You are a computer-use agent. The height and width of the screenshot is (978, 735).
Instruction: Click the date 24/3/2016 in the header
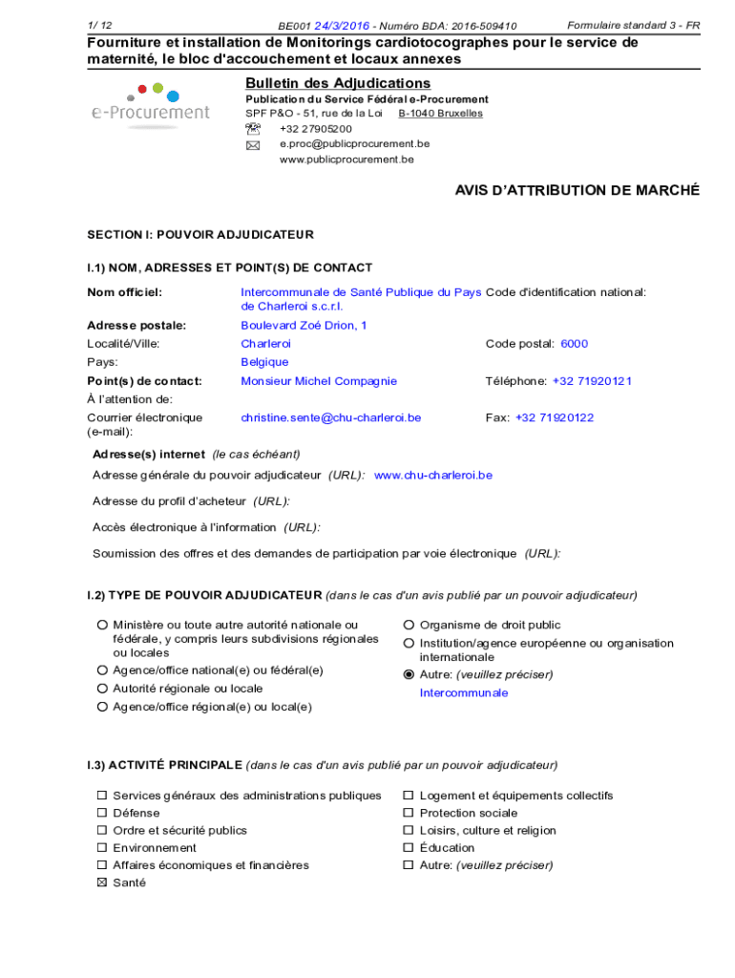[343, 26]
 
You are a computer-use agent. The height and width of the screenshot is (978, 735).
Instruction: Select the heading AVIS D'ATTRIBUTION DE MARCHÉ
[577, 191]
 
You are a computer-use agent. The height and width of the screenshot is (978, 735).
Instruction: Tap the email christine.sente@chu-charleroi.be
[330, 417]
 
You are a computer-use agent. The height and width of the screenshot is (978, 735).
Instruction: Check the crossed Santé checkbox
[101, 882]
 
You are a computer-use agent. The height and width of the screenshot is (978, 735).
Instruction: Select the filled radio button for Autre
[409, 674]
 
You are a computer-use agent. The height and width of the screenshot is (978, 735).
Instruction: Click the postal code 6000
[574, 344]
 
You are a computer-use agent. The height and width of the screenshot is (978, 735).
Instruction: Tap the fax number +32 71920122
[555, 417]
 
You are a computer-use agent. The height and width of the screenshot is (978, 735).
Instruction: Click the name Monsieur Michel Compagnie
[319, 381]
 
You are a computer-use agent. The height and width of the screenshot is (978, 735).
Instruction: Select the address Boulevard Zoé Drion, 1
[304, 326]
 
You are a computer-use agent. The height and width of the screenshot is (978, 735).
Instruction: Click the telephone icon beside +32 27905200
[253, 129]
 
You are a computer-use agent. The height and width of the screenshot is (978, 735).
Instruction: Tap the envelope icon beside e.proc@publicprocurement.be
[253, 145]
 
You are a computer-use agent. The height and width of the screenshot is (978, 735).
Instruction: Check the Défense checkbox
[101, 813]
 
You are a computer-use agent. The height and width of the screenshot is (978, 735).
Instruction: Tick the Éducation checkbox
[408, 848]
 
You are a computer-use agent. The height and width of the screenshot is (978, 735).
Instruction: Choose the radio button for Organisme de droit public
[409, 626]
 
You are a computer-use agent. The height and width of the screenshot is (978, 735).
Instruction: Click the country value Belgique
[264, 362]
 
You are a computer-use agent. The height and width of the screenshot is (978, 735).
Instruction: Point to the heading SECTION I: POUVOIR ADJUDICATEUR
[200, 235]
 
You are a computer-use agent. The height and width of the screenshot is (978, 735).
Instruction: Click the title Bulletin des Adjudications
[338, 83]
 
